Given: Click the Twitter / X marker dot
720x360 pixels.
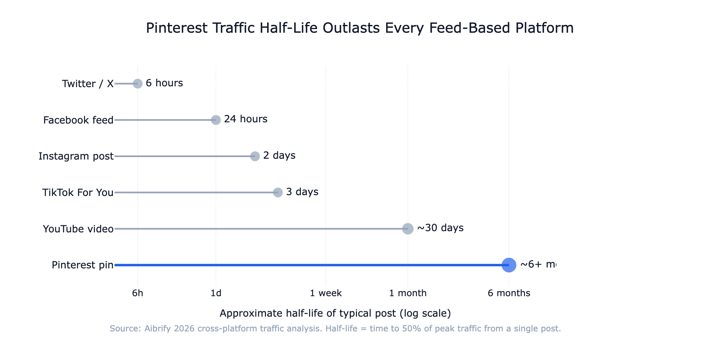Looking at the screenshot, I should click(x=138, y=83).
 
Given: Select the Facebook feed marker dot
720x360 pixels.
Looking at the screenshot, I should click(x=216, y=120).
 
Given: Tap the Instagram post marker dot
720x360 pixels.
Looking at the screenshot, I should click(x=255, y=156).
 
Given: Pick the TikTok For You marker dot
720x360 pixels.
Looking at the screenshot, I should click(x=278, y=192).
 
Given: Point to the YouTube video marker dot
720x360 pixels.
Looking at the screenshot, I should click(x=408, y=229).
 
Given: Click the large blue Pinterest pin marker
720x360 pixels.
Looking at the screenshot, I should click(x=509, y=265).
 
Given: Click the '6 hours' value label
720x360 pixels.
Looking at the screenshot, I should click(x=164, y=83).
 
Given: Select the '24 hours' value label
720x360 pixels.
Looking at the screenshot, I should click(x=245, y=119).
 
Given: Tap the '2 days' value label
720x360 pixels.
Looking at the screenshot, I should click(x=279, y=155).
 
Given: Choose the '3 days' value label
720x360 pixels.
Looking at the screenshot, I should click(x=302, y=192).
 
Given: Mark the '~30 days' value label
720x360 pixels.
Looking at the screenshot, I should click(x=440, y=228).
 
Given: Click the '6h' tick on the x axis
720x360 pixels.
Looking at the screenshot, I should click(x=138, y=293).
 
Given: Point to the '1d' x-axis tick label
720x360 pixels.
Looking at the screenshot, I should click(x=216, y=293).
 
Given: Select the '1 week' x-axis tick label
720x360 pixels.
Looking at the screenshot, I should click(x=326, y=293).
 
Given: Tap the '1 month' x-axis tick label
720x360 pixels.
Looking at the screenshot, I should click(x=408, y=293).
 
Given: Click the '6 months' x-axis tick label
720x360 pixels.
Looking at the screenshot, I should click(x=509, y=293).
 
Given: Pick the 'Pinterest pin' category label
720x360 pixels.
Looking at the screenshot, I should click(x=83, y=265).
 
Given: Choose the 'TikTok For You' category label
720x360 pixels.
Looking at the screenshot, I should click(x=78, y=193).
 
